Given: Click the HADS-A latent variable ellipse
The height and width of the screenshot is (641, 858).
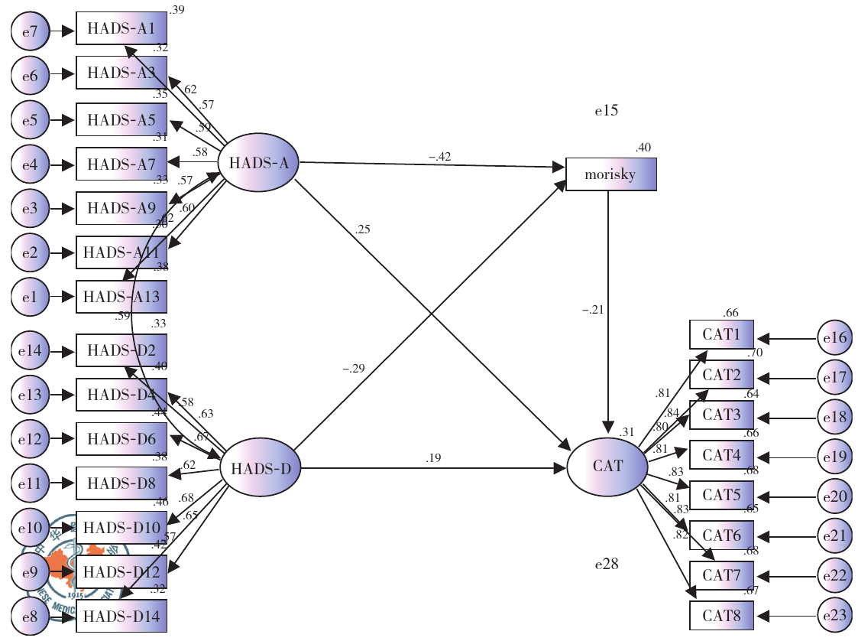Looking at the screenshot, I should click(x=257, y=163).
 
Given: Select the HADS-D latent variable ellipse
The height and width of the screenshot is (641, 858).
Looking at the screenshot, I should click(x=260, y=468).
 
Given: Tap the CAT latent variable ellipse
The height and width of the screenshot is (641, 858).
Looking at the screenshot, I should click(x=607, y=465).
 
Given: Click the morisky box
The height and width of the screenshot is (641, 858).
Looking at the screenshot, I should click(x=610, y=174).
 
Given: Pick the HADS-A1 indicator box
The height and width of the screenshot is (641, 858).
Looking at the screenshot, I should click(x=121, y=30).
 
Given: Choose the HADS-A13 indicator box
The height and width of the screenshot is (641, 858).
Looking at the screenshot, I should click(x=121, y=297).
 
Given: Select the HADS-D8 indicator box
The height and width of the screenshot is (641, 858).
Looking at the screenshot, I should click(x=121, y=483).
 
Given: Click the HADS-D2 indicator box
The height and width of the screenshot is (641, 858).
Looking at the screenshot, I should click(x=121, y=350).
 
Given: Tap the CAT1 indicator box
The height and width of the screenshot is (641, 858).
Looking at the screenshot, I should click(x=721, y=334).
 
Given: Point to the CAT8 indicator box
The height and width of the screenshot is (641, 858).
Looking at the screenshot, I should click(x=721, y=615).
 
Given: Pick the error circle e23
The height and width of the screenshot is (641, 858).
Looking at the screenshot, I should click(x=834, y=615).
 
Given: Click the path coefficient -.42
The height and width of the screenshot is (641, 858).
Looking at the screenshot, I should click(x=439, y=157).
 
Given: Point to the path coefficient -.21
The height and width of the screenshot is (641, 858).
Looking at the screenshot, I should click(x=594, y=311).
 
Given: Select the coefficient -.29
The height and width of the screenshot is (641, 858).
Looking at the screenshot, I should click(x=353, y=369).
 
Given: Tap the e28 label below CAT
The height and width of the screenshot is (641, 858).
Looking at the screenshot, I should click(x=607, y=565).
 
